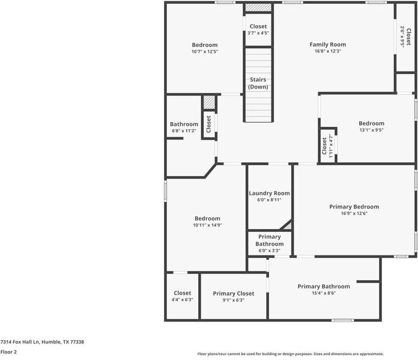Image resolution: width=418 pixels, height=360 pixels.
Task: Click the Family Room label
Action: pos(327,44)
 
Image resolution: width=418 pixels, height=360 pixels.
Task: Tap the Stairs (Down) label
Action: pos(258,83)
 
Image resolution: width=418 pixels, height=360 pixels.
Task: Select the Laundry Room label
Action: pos(269,194)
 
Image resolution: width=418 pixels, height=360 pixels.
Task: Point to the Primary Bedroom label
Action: pos(354,207)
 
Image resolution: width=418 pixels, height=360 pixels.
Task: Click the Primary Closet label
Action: pos(233,293)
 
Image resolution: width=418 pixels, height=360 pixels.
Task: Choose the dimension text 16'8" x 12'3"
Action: pos(327,52)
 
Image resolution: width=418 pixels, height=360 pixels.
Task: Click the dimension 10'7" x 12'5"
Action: pos(205,52)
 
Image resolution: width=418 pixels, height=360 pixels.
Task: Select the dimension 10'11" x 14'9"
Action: pos(207,225)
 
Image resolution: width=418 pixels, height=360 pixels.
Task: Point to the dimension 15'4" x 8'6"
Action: pos(324,293)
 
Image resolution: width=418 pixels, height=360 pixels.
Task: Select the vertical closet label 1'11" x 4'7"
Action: pos(327,145)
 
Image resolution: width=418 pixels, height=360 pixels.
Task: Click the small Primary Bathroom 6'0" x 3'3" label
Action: pos(269,240)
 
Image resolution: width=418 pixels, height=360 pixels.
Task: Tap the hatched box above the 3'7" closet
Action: pos(258,8)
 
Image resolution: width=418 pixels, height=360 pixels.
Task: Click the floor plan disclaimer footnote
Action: pos(291,354)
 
